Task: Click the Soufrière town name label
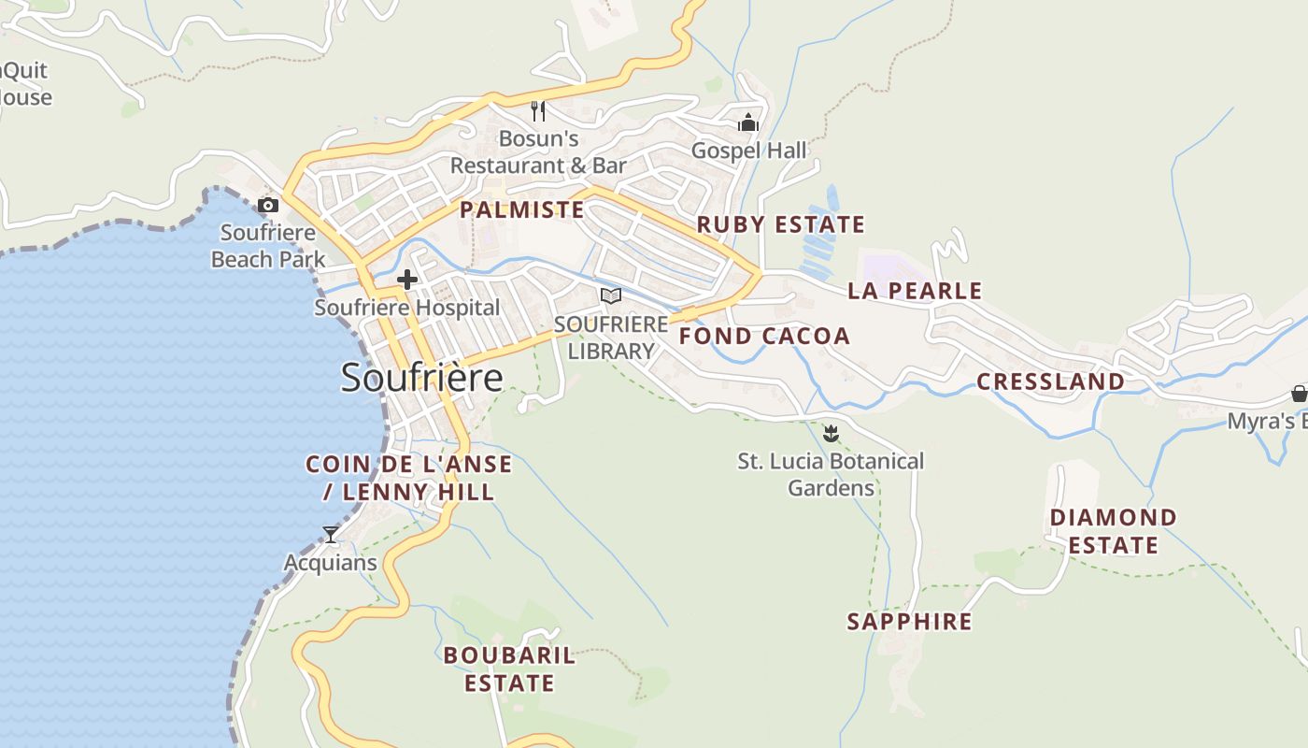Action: click(x=421, y=377)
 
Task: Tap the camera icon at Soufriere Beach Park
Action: click(x=268, y=205)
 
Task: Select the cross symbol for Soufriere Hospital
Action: click(x=407, y=279)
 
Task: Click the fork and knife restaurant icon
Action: click(x=538, y=111)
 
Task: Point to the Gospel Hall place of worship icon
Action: click(x=748, y=122)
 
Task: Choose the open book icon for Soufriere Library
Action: click(x=611, y=295)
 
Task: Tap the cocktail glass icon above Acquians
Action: click(x=331, y=535)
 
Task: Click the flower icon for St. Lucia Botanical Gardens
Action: click(x=831, y=433)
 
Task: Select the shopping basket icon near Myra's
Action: click(x=1299, y=393)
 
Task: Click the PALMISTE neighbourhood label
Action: click(x=522, y=209)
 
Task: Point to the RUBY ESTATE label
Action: click(x=781, y=224)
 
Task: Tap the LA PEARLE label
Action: click(x=915, y=291)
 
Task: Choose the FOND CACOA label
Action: click(x=764, y=337)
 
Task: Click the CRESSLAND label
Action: click(x=1050, y=381)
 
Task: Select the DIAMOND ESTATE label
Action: click(x=1113, y=531)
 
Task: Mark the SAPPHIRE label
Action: click(x=909, y=622)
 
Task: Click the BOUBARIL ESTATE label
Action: click(x=509, y=669)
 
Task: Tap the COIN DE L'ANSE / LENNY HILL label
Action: click(x=409, y=478)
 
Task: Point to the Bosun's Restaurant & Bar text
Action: click(x=538, y=152)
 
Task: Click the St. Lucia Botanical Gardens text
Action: click(x=831, y=474)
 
